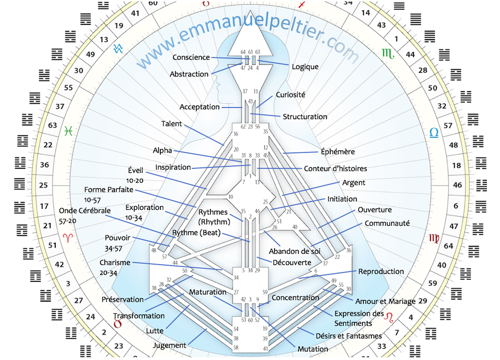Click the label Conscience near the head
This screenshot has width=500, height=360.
click(191, 58)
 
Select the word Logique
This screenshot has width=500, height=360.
click(305, 67)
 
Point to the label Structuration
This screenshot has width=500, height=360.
click(305, 117)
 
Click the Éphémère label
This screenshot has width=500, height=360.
click(337, 152)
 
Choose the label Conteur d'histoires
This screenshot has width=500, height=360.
click(335, 168)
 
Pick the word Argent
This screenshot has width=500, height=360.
click(354, 183)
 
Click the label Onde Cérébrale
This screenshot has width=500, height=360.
click(85, 210)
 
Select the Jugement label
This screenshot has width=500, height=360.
click(170, 345)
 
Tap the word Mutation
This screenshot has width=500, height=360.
click(313, 349)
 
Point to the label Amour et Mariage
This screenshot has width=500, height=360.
click(385, 301)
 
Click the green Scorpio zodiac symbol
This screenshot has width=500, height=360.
click(387, 53)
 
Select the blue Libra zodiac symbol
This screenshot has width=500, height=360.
click(434, 133)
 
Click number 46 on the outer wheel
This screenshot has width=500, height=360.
click(458, 185)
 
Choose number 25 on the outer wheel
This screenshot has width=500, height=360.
click(44, 185)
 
